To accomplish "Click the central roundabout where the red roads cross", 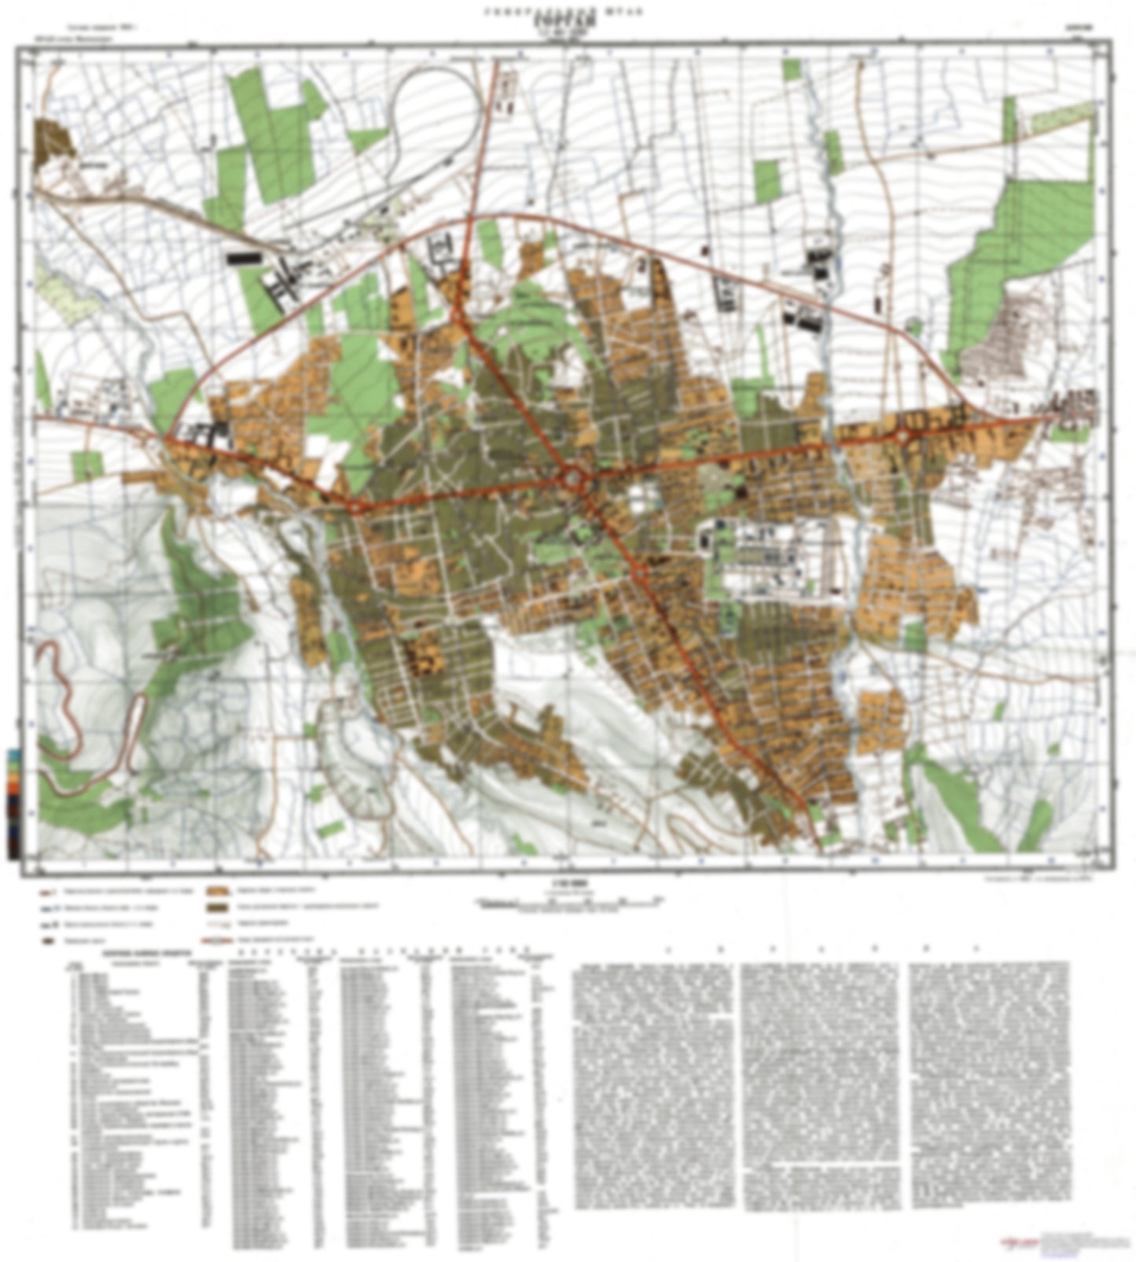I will coord(573,476).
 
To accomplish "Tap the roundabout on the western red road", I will coord(355,507).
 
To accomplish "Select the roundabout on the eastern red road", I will coord(903,435).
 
